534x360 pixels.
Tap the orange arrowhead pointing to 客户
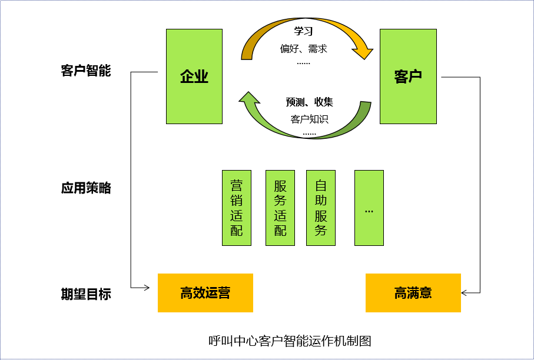[363, 53]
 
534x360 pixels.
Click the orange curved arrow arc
[306, 22]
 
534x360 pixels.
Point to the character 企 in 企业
[187, 76]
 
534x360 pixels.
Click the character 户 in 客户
[416, 76]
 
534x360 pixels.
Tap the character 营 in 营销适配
[237, 185]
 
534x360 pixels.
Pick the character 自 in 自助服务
[321, 185]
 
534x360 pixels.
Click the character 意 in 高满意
[426, 293]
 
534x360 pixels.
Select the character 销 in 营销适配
[237, 200]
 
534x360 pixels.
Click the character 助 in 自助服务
[321, 200]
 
